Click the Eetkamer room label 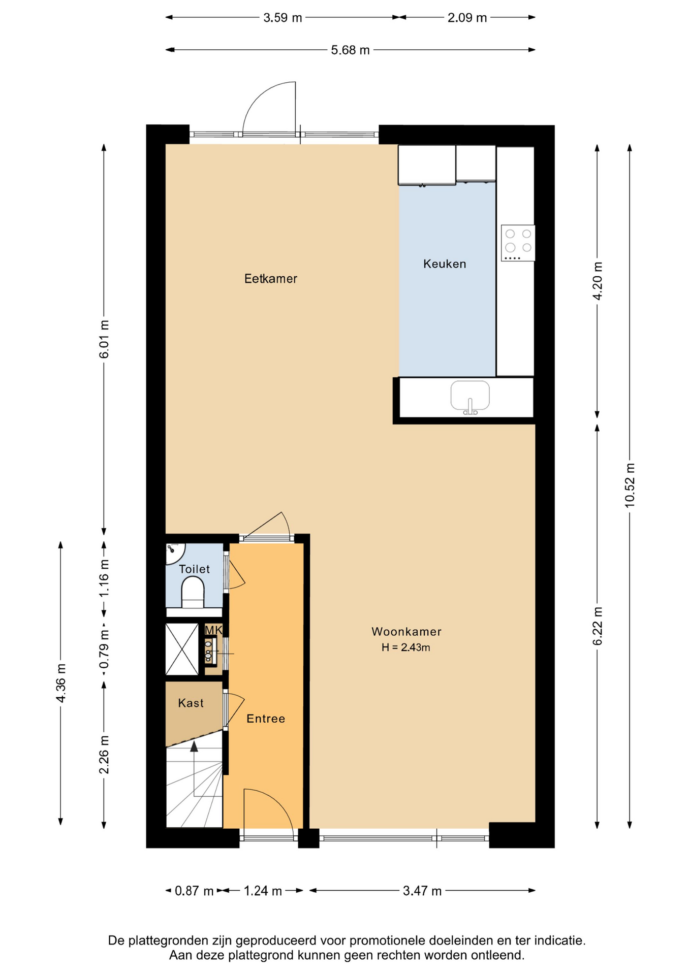click(270, 278)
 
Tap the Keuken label click(445, 264)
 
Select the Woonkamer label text click(406, 631)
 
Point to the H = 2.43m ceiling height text click(406, 647)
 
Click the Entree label click(266, 718)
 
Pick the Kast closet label click(191, 703)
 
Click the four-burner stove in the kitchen click(518, 243)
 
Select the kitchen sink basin click(470, 396)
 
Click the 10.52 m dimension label click(630, 485)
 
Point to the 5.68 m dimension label click(350, 50)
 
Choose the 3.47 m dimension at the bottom click(422, 891)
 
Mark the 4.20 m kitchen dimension click(598, 281)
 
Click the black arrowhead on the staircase click(194, 746)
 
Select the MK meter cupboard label click(213, 630)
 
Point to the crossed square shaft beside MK click(182, 649)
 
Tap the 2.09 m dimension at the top click(467, 18)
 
